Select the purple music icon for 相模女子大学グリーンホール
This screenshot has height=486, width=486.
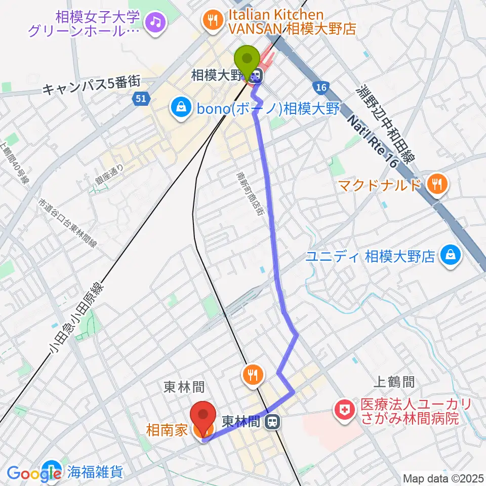point(154,21)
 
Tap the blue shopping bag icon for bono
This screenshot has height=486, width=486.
point(180,107)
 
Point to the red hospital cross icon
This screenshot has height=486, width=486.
point(346,410)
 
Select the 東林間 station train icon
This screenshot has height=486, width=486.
point(273,421)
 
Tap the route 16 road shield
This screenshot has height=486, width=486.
point(318,87)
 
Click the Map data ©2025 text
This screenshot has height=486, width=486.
point(443,478)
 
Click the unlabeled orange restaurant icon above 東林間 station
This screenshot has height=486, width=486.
point(252,375)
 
